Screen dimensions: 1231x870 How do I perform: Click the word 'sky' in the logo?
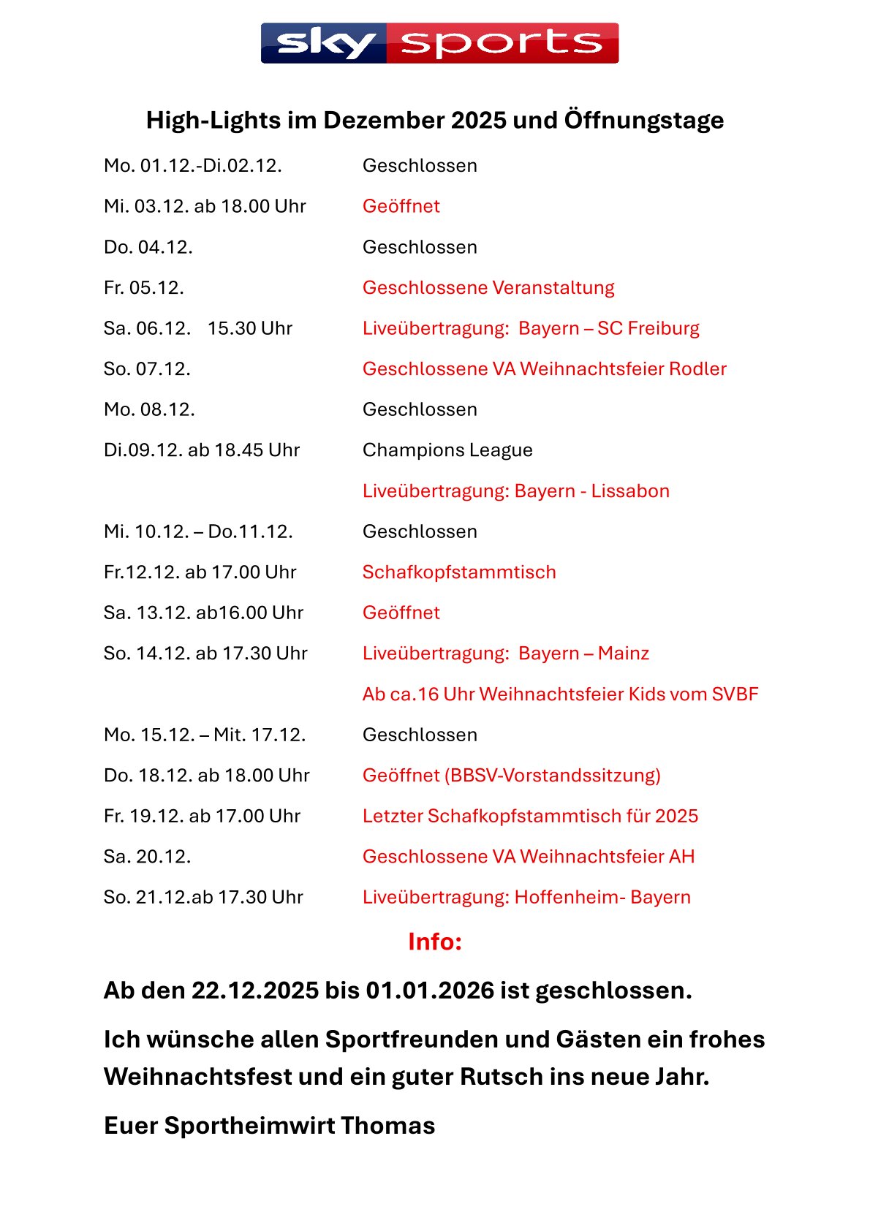click(x=325, y=44)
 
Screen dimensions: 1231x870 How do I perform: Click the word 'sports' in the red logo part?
click(x=502, y=44)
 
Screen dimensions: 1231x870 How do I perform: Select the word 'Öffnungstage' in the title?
click(x=644, y=120)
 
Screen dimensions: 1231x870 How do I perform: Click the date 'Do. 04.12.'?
click(x=148, y=247)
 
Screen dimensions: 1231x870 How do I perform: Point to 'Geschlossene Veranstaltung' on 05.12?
click(x=488, y=287)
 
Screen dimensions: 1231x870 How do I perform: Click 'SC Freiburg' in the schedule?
click(x=648, y=328)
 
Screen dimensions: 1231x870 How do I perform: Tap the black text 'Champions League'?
click(x=447, y=450)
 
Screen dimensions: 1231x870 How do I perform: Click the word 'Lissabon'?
click(x=630, y=490)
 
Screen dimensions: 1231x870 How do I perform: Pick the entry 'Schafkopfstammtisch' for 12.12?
click(x=459, y=572)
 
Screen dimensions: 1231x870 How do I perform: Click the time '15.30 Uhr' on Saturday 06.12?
click(x=250, y=328)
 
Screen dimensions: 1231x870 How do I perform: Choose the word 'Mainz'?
click(x=624, y=653)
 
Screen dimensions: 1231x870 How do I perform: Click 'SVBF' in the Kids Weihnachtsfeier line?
click(x=735, y=694)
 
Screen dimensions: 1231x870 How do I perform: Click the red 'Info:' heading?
click(x=435, y=942)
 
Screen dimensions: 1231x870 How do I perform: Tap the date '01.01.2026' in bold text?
click(x=431, y=991)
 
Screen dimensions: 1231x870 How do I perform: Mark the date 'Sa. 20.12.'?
click(x=148, y=856)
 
